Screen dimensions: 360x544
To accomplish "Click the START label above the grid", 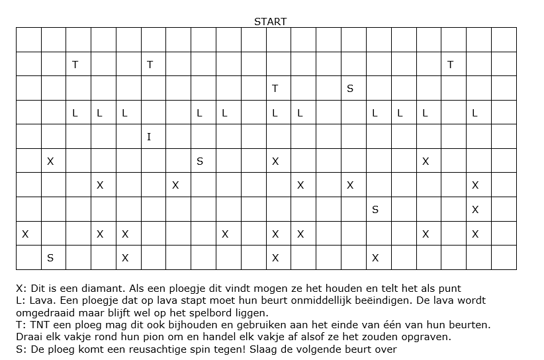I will [270, 21].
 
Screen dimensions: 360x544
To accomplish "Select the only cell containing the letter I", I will [149, 137].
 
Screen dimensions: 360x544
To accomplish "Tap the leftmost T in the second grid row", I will [75, 64].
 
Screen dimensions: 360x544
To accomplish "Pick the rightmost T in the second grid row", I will [450, 64].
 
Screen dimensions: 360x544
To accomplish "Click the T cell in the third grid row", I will [275, 88].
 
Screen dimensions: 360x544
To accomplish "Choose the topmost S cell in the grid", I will [350, 88].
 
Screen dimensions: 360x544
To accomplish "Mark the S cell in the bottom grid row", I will [50, 258].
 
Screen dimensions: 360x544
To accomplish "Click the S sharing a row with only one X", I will [375, 210].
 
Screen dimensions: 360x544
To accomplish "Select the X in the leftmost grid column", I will [25, 234].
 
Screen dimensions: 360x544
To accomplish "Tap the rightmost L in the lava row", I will [475, 113].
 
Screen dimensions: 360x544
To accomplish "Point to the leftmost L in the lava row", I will [75, 113].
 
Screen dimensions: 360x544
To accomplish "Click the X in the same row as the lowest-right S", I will [475, 210].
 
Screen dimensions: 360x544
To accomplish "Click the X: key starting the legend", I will [21, 289].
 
